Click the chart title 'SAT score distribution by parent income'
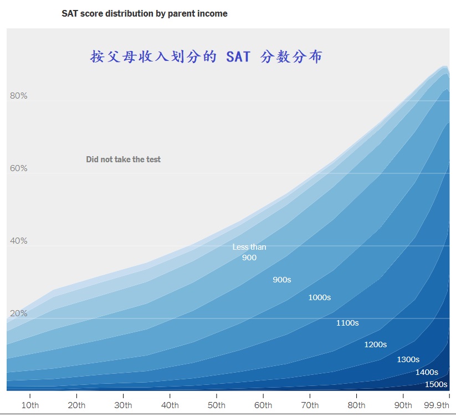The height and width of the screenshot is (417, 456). pyautogui.click(x=144, y=13)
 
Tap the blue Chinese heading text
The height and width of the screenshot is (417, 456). pyautogui.click(x=206, y=57)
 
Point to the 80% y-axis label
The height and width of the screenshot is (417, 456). pyautogui.click(x=18, y=96)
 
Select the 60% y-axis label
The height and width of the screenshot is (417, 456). pyautogui.click(x=18, y=168)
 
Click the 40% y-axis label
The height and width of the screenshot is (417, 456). pyautogui.click(x=18, y=241)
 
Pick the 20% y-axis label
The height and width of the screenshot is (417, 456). pyautogui.click(x=18, y=313)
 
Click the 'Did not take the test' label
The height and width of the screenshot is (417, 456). pyautogui.click(x=123, y=159)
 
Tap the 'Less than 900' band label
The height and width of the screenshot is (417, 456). pyautogui.click(x=249, y=252)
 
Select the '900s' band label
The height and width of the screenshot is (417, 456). pyautogui.click(x=281, y=280)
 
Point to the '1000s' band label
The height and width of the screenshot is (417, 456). pyautogui.click(x=319, y=297)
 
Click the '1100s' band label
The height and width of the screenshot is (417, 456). pyautogui.click(x=347, y=323)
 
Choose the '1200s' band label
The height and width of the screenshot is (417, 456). pyautogui.click(x=375, y=344)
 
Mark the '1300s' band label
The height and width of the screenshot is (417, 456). pyautogui.click(x=408, y=359)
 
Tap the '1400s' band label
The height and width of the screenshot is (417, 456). pyautogui.click(x=427, y=372)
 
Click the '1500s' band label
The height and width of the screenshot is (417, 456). pyautogui.click(x=436, y=384)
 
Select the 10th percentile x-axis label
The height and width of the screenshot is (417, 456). pyautogui.click(x=30, y=405)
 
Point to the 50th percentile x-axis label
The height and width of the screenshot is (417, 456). pyautogui.click(x=217, y=405)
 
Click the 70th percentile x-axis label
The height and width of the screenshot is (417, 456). pyautogui.click(x=310, y=405)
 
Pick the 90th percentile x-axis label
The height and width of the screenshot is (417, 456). pyautogui.click(x=403, y=405)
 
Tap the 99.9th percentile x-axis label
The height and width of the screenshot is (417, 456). pyautogui.click(x=436, y=405)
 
